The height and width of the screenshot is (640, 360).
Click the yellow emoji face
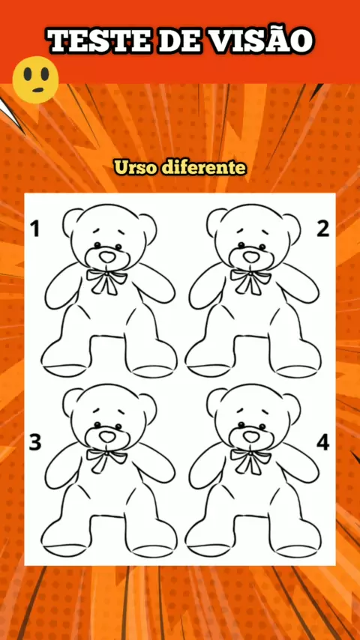(35, 79)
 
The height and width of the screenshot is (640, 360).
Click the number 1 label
(35, 229)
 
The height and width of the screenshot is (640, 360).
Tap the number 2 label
(322, 229)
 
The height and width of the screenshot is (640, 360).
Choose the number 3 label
(35, 442)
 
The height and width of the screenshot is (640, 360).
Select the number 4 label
(322, 442)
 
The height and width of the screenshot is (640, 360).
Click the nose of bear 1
(108, 257)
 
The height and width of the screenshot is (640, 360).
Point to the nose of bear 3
(108, 437)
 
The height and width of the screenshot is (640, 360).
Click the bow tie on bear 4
(250, 460)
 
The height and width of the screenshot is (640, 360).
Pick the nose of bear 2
(252, 257)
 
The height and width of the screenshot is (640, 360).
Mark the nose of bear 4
(252, 437)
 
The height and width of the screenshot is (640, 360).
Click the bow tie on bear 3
(106, 460)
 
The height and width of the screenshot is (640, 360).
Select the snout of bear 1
(107, 257)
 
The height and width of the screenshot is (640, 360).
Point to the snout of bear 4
(251, 437)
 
